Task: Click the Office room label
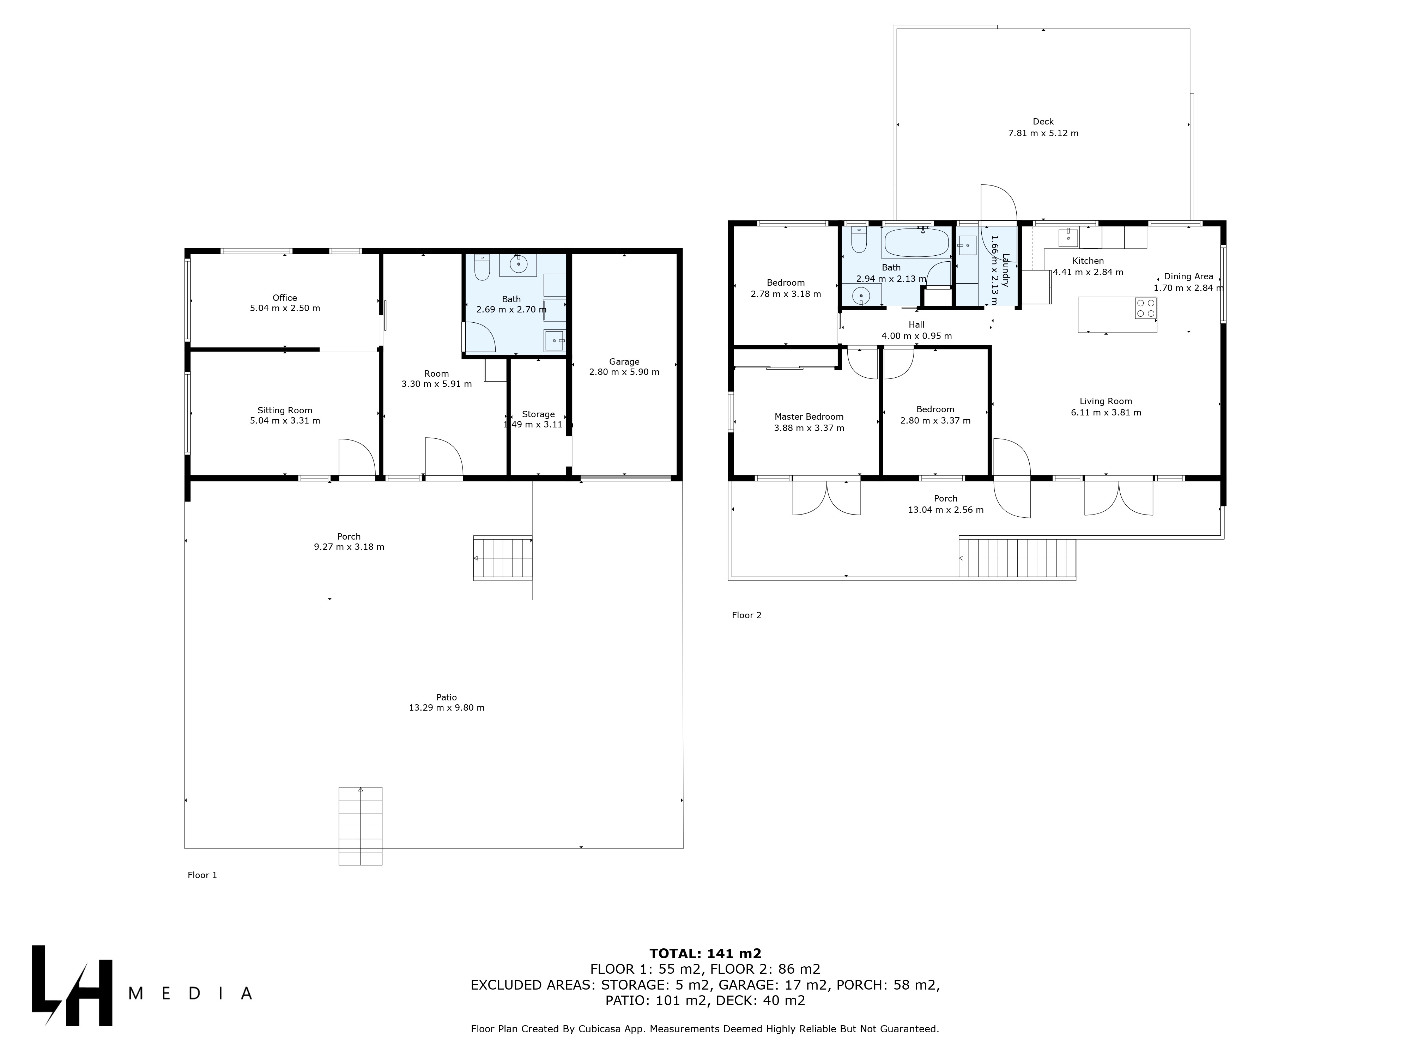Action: coord(285,298)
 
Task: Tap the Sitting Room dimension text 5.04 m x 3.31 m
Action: coord(285,421)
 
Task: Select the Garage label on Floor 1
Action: coord(624,361)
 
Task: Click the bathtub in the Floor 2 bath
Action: coord(916,243)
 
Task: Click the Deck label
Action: coord(1043,122)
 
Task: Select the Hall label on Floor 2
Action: coord(917,324)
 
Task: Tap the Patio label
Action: coord(447,697)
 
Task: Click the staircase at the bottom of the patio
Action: coord(361,826)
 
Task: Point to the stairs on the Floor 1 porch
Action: coord(503,558)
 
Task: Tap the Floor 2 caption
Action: coord(746,615)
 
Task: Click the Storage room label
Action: coord(538,414)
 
